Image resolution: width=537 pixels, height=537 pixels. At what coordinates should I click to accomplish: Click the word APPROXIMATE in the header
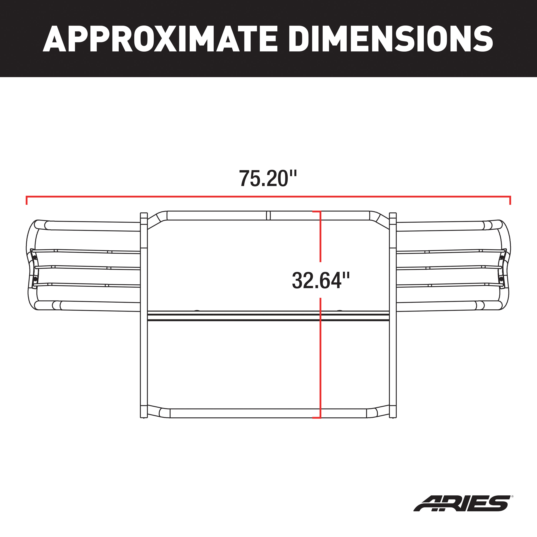[160, 39]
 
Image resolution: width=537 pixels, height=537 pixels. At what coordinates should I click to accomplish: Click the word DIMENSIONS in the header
[390, 39]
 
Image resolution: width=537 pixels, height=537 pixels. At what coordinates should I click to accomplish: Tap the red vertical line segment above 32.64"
[320, 236]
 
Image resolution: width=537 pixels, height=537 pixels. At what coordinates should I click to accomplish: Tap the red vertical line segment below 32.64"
[320, 361]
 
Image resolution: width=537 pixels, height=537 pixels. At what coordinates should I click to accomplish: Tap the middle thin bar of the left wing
[83, 267]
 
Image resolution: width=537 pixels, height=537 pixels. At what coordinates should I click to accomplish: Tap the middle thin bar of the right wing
[453, 267]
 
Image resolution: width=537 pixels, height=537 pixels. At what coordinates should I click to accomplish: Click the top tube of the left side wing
[92, 226]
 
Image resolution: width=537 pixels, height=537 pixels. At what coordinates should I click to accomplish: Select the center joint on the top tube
[268, 215]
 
